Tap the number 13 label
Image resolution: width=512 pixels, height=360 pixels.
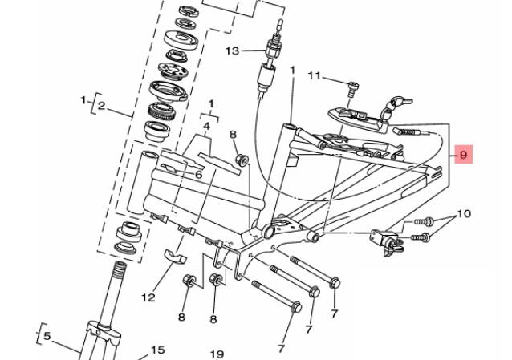pos(232,51)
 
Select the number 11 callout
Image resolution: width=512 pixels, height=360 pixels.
pos(314,76)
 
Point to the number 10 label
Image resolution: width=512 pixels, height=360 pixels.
pos(464,214)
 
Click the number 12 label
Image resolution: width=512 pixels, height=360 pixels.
pos(148,297)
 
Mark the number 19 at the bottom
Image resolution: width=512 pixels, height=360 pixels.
pos(216,353)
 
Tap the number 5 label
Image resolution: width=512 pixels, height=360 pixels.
pos(46,336)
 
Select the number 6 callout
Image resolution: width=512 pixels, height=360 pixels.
pos(197,174)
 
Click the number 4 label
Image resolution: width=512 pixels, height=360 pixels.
pos(206,126)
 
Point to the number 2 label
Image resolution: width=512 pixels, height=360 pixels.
pos(100,105)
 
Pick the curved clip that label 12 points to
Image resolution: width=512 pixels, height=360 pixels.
pos(174,257)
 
